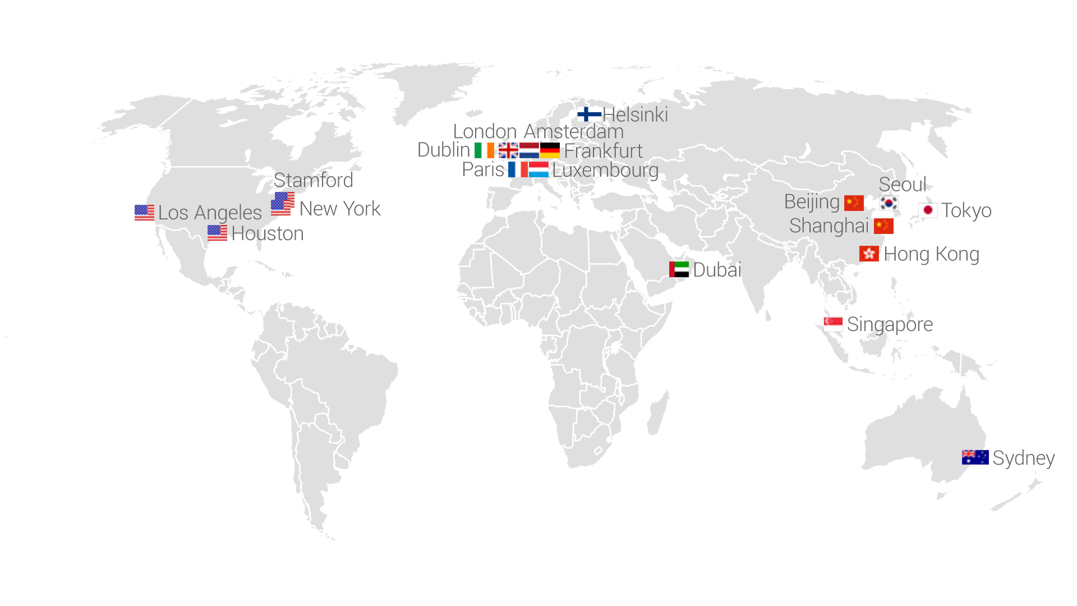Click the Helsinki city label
tap(635, 114)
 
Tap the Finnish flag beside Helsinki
tap(588, 114)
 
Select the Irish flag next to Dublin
tap(484, 150)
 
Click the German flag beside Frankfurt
tap(550, 150)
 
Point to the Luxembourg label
tap(605, 169)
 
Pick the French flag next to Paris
tap(518, 169)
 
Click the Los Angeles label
tap(210, 213)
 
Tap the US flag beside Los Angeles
tap(144, 213)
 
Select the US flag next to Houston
tap(217, 233)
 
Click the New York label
tap(340, 209)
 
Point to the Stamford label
tap(314, 180)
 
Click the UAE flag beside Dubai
tap(679, 269)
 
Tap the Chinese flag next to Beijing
tap(854, 202)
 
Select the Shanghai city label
tap(829, 226)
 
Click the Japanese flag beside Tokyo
tap(928, 210)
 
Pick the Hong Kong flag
tap(869, 254)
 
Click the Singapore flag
tap(833, 324)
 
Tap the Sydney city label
tap(1023, 458)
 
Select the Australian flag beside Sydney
tap(975, 457)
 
